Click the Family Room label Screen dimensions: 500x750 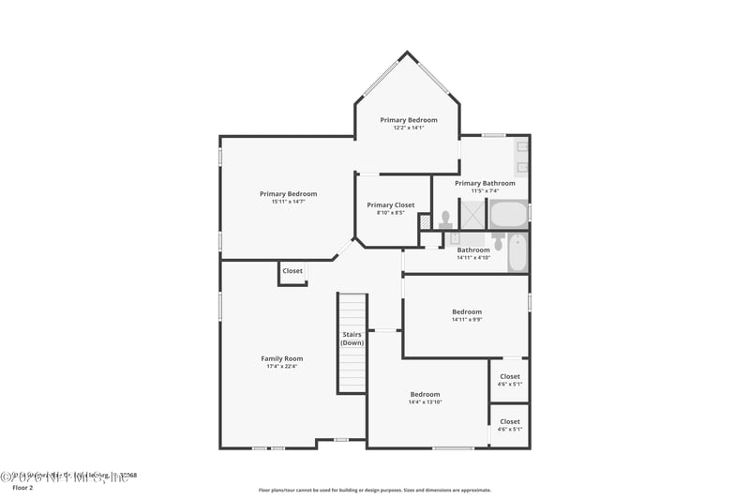click(281, 358)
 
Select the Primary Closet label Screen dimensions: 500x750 click(391, 205)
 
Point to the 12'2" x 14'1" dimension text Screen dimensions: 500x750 click(409, 129)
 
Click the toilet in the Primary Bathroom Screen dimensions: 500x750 click(445, 218)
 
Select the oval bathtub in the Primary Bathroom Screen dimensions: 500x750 click(509, 215)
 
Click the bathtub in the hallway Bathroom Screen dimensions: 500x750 click(518, 253)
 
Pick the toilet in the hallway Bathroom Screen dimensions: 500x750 click(499, 244)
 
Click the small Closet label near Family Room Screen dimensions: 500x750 click(292, 271)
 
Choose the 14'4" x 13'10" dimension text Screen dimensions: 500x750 click(425, 402)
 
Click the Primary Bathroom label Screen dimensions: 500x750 click(485, 183)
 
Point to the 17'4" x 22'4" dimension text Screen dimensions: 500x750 click(281, 367)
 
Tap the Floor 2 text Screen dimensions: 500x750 click(22, 488)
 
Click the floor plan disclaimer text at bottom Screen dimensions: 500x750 click(374, 490)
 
